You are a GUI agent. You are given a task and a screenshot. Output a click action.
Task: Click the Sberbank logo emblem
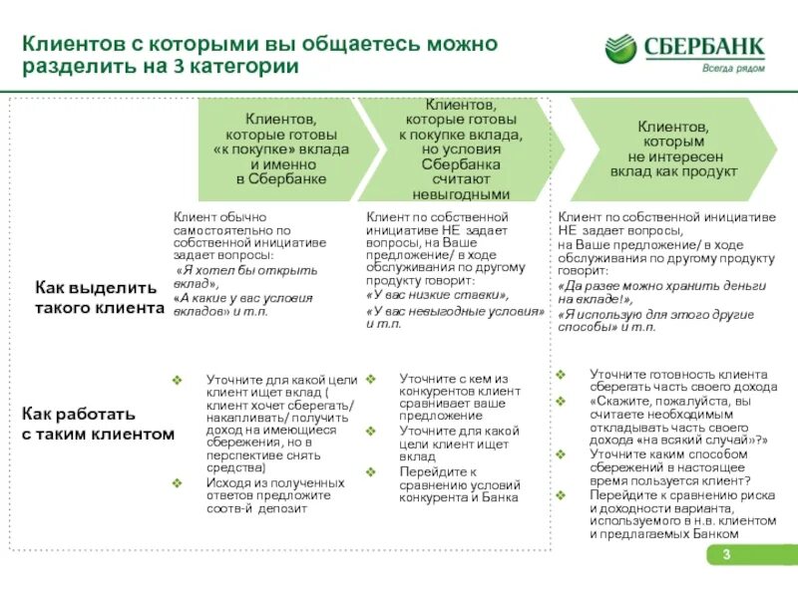pyautogui.click(x=620, y=49)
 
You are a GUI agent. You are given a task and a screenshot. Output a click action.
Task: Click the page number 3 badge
pyautogui.click(x=727, y=555)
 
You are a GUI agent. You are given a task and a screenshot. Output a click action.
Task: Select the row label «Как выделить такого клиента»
pyautogui.click(x=99, y=298)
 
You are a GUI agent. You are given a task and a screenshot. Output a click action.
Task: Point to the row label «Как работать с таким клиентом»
pyautogui.click(x=98, y=424)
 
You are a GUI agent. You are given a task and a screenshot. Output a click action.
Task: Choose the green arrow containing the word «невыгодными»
pyautogui.click(x=460, y=149)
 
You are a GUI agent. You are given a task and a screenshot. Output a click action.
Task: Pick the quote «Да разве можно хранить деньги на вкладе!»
pyautogui.click(x=661, y=290)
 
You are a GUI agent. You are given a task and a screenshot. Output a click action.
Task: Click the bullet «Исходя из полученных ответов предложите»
pyautogui.click(x=274, y=495)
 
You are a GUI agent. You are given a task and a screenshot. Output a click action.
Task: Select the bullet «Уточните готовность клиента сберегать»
pyautogui.click(x=677, y=380)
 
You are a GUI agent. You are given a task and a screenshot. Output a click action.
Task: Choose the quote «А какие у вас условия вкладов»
pyautogui.click(x=243, y=304)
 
